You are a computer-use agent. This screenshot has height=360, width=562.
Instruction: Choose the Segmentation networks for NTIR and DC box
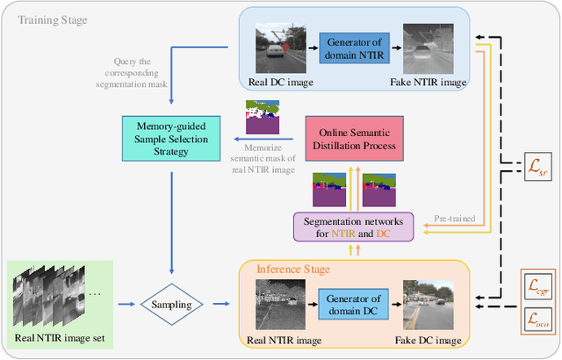(353, 227)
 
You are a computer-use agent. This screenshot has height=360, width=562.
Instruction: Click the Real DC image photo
(278, 44)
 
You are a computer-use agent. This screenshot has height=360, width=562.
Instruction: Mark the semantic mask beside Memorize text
(265, 115)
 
